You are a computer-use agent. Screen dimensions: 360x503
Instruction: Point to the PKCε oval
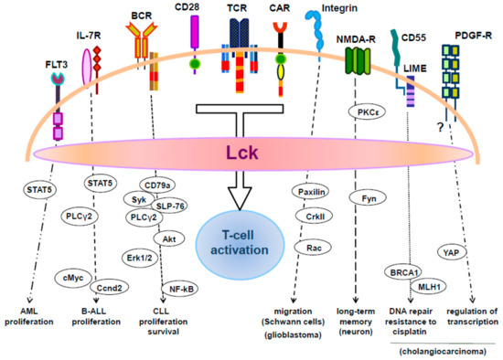pyautogui.click(x=367, y=111)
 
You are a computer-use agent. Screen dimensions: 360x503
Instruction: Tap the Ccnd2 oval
pyautogui.click(x=110, y=283)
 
